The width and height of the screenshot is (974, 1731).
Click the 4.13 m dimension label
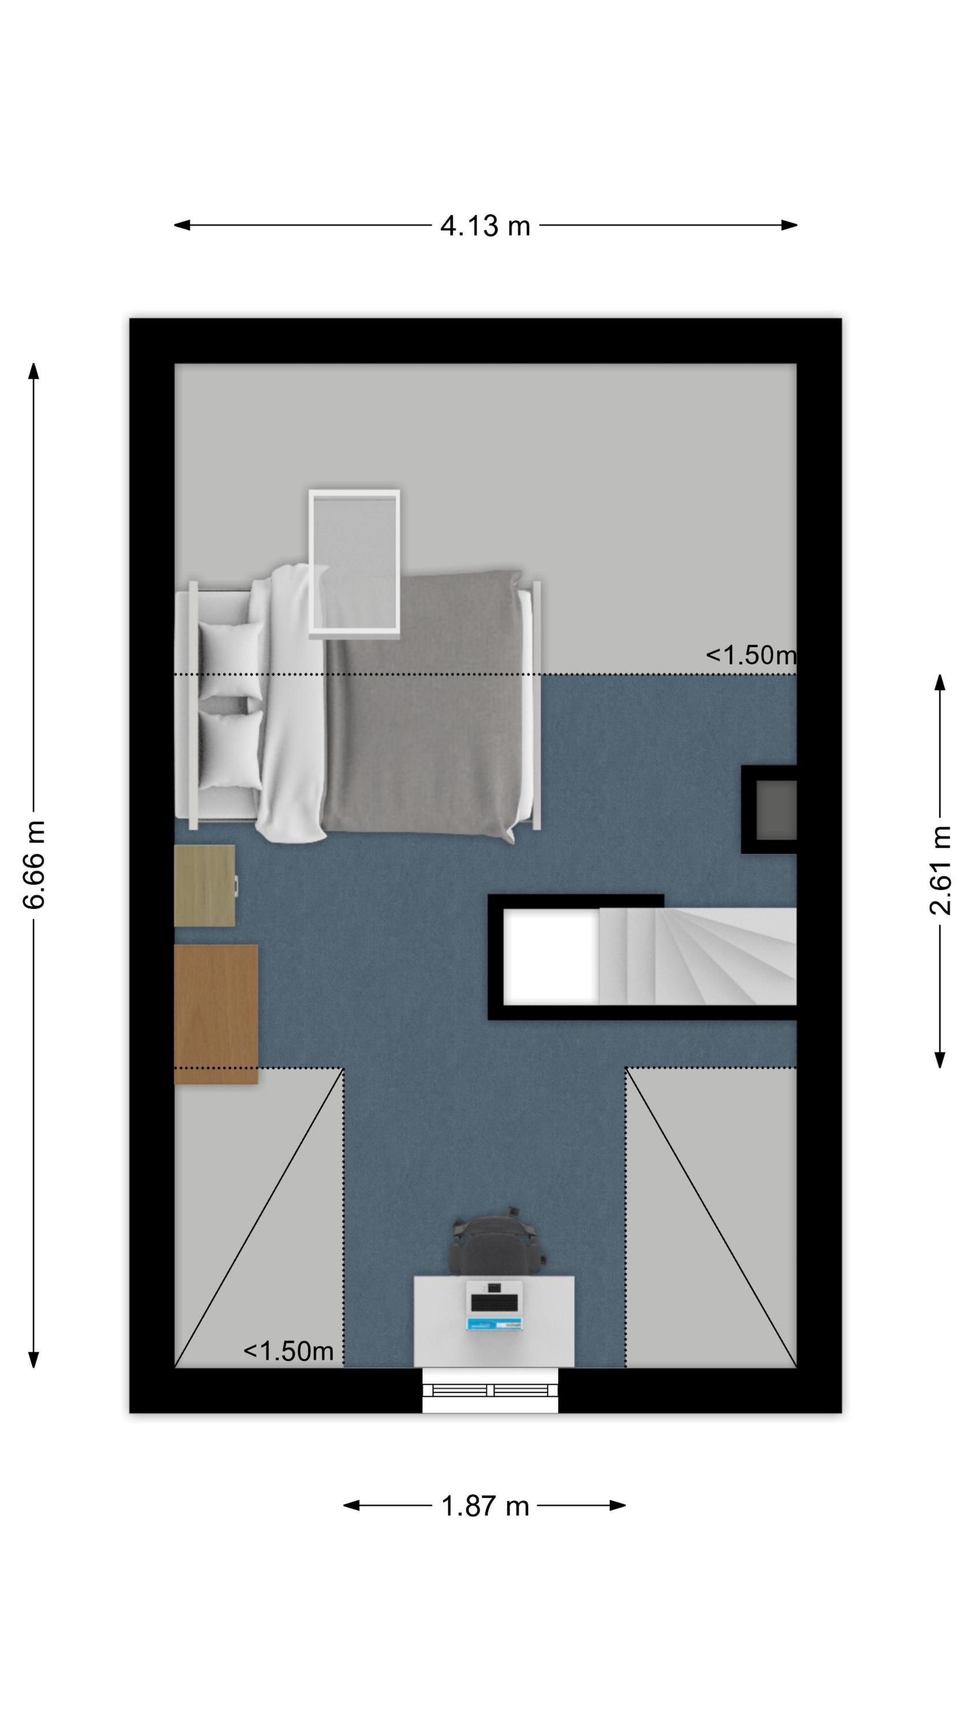485,226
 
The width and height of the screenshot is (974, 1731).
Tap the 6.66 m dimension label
33,864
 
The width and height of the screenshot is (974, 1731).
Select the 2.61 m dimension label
941,870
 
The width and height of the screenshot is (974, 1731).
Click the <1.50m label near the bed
751,654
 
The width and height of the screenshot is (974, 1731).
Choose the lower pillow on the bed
231,750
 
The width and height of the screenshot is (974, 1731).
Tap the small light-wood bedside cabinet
205,886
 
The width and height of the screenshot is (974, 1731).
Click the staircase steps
698,956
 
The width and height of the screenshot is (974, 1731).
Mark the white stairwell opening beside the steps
551,956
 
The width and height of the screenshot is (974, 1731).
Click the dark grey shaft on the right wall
777,810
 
